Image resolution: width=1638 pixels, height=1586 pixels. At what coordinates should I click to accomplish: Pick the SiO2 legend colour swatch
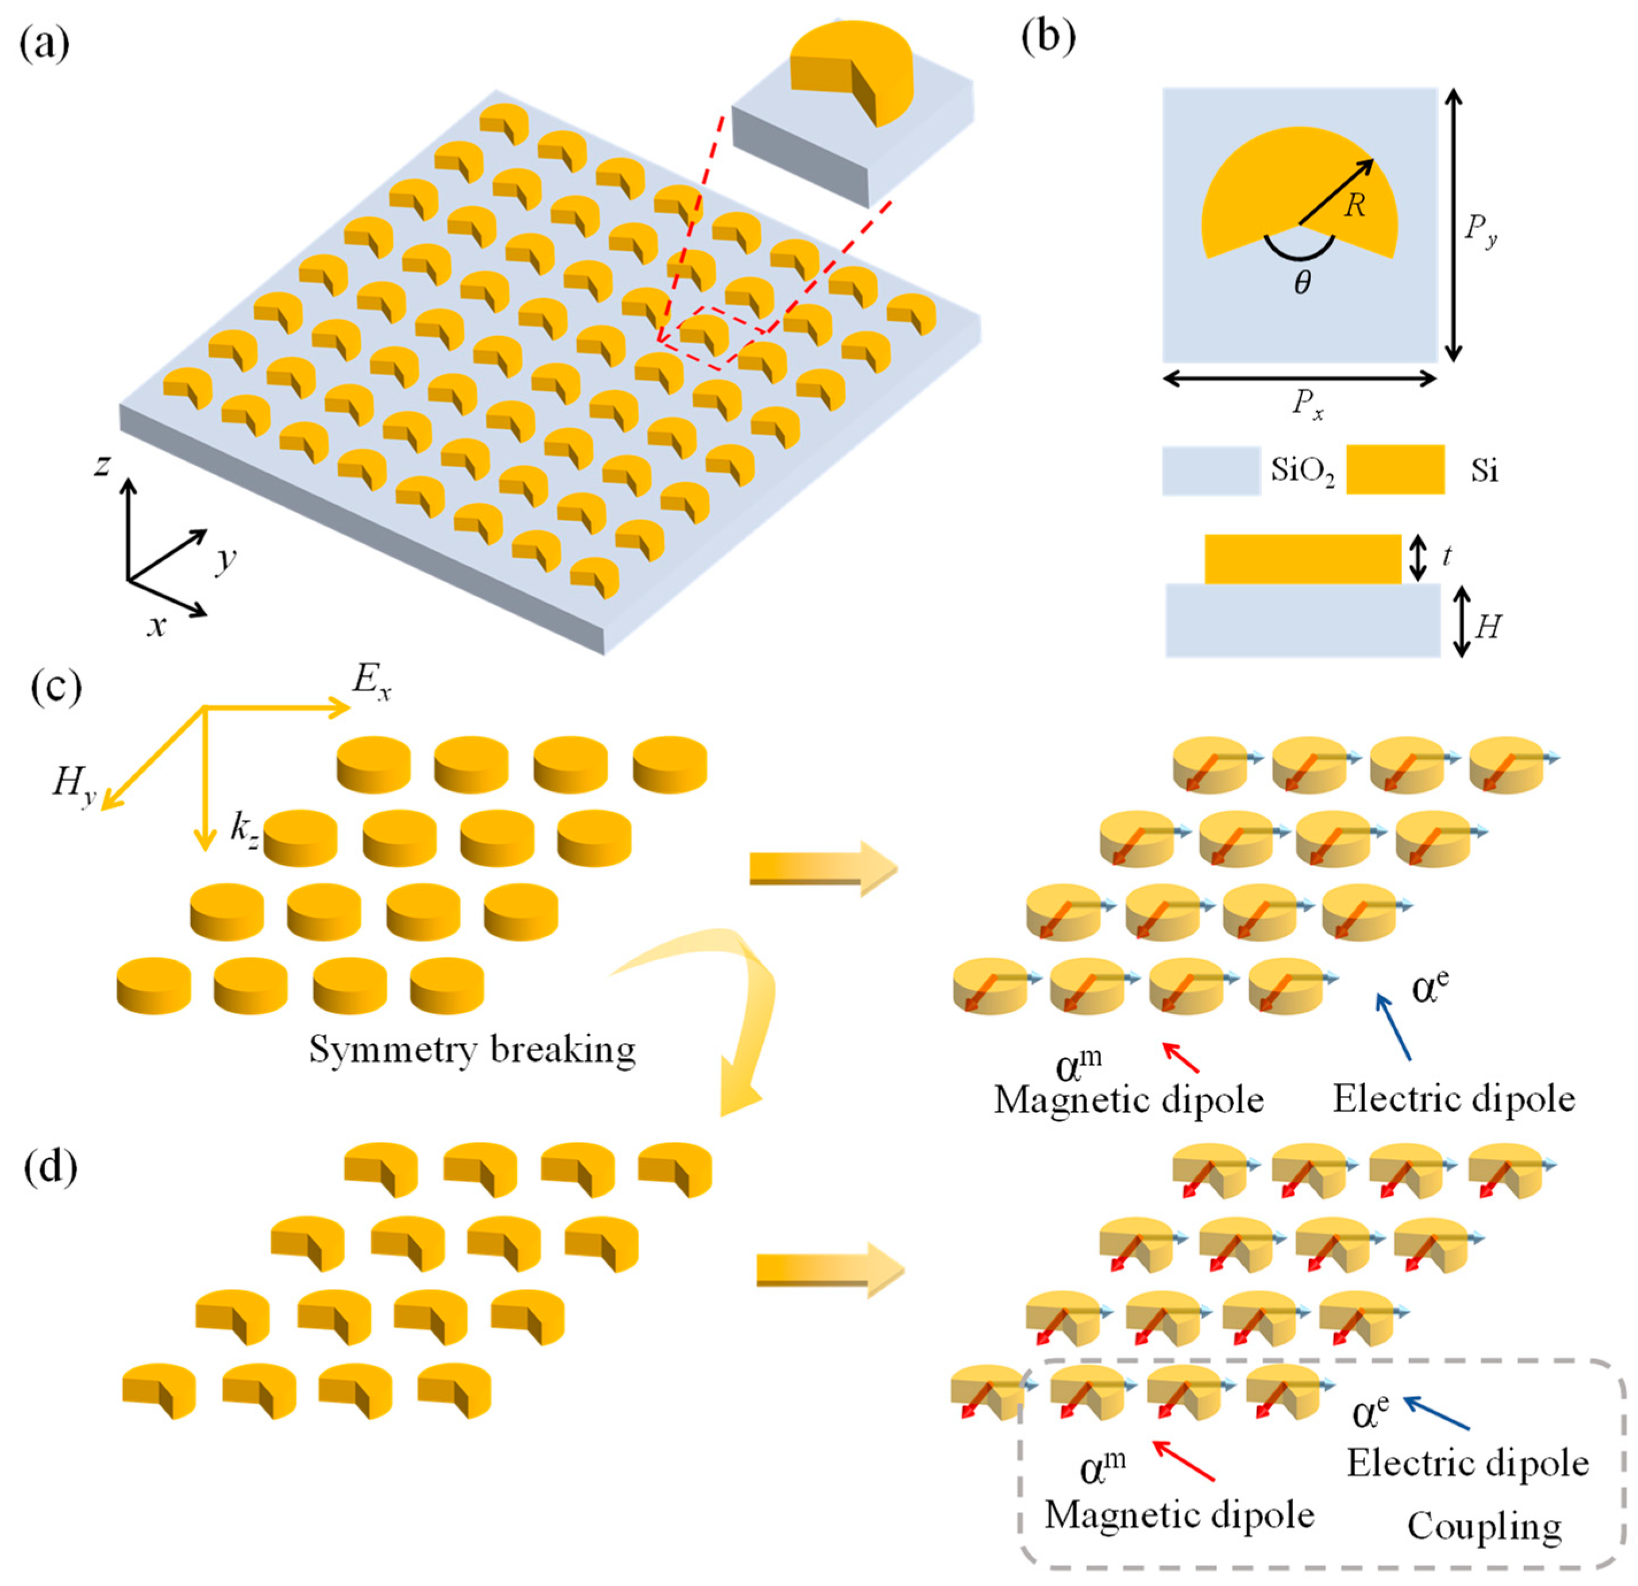[x=1211, y=471]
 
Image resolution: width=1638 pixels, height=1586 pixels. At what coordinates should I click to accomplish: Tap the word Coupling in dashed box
[x=1484, y=1526]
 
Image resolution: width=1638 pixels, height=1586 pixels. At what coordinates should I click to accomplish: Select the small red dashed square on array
[x=712, y=336]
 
